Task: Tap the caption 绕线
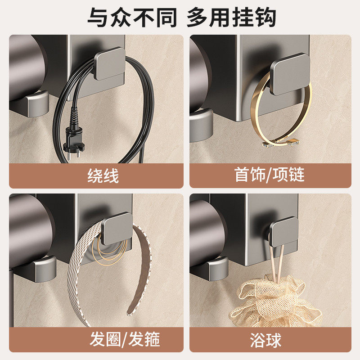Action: [103, 176]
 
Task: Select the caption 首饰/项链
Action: [270, 175]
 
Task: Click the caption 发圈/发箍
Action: [125, 339]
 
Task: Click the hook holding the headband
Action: [116, 228]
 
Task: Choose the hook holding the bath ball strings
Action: [283, 231]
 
